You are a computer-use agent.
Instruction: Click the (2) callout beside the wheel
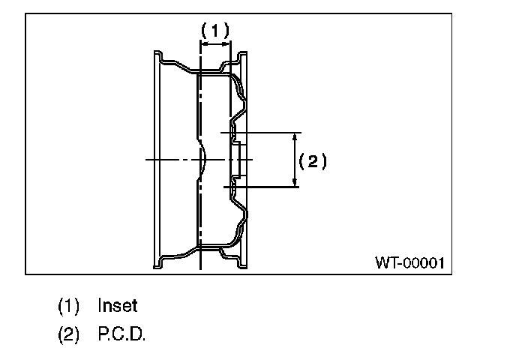(x=313, y=160)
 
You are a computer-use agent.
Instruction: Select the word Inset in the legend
(x=118, y=306)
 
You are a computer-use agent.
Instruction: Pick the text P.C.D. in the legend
(x=121, y=334)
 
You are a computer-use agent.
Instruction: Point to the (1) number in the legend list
(x=68, y=306)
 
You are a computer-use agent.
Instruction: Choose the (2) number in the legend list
(x=68, y=334)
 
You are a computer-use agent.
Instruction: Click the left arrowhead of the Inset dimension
(x=205, y=44)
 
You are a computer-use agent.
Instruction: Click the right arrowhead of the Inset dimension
(x=226, y=44)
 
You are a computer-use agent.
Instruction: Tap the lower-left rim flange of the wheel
(x=158, y=262)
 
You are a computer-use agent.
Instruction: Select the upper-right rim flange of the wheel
(x=242, y=58)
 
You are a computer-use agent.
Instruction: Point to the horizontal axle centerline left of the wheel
(x=165, y=160)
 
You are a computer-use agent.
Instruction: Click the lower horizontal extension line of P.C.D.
(x=262, y=187)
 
